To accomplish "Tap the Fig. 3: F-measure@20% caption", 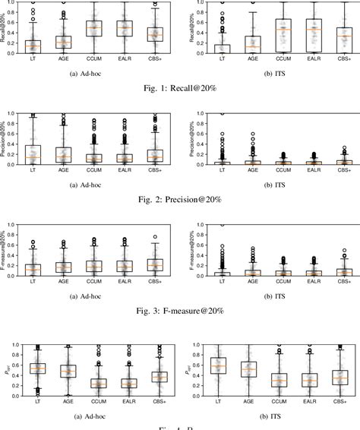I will point(180,309).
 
